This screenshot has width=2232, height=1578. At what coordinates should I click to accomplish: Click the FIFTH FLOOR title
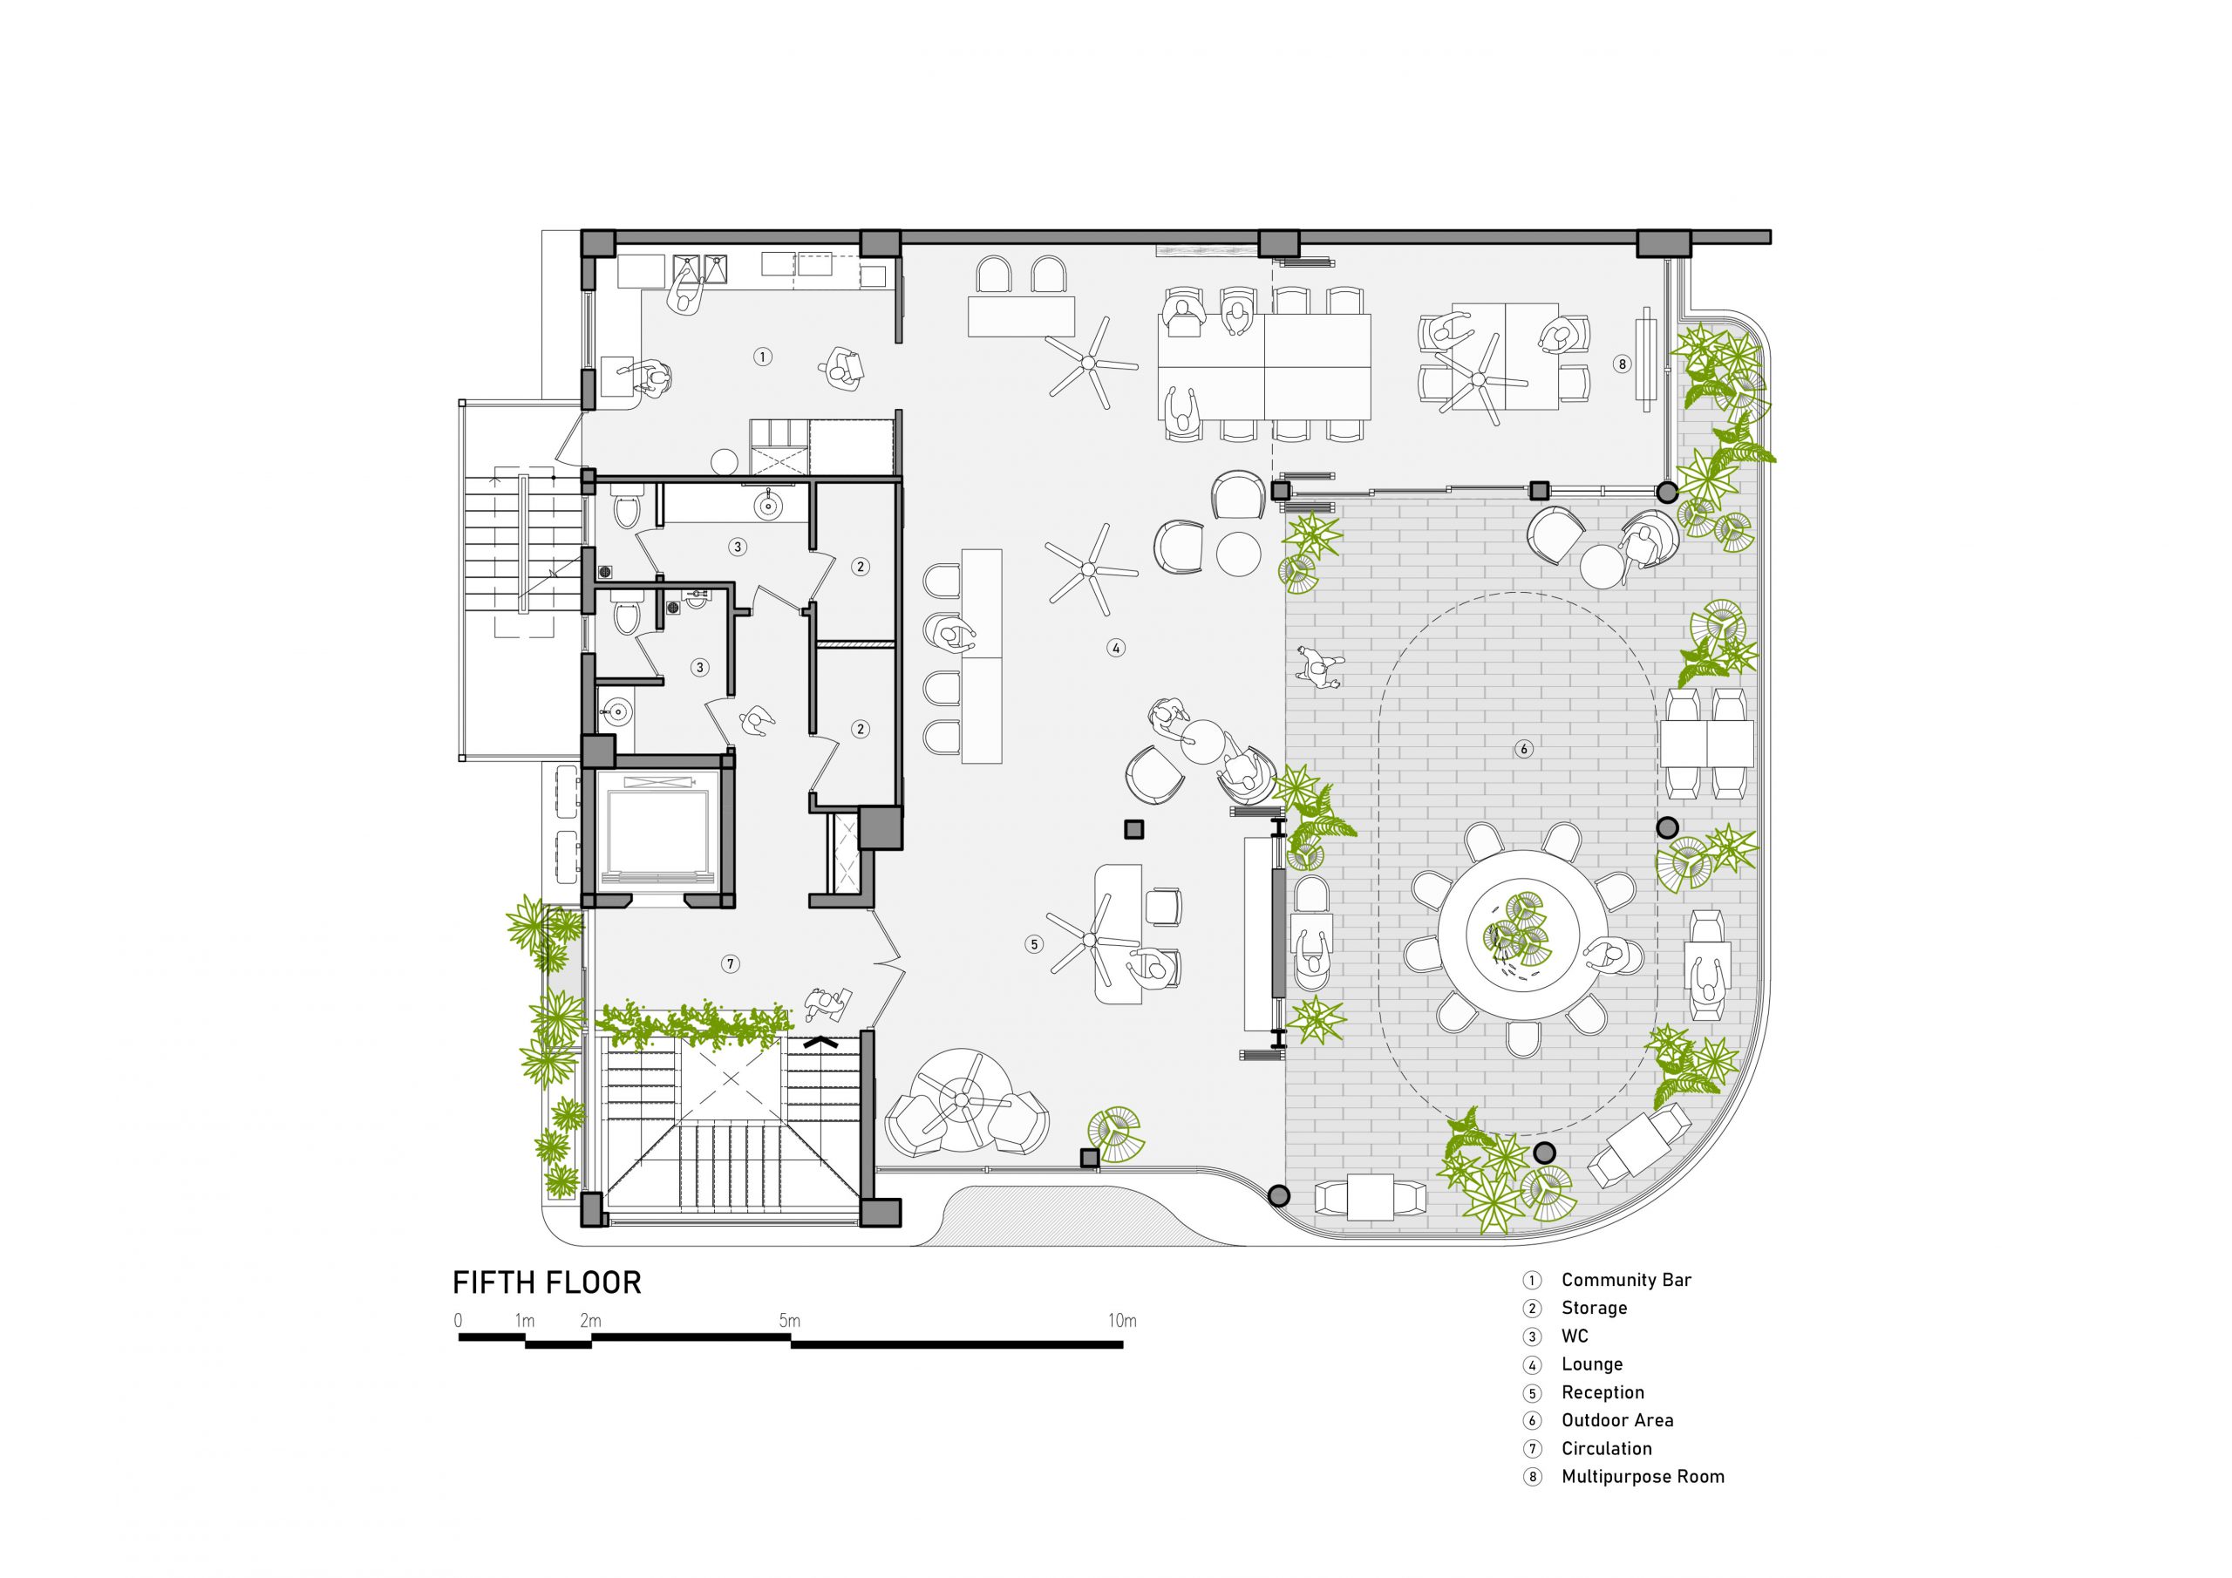coord(547,1282)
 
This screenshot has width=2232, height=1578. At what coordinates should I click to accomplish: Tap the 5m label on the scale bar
coord(789,1320)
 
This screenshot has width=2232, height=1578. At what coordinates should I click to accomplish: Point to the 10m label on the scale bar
coord(1122,1320)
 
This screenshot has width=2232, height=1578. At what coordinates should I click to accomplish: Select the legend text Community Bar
coord(1626,1280)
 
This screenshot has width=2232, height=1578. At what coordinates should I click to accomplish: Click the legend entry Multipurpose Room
coord(1643,1476)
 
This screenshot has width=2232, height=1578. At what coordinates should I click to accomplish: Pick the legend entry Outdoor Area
coord(1617,1419)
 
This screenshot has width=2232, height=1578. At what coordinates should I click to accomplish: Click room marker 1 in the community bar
coord(763,357)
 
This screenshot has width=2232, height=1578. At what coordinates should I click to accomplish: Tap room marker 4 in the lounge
coord(1116,648)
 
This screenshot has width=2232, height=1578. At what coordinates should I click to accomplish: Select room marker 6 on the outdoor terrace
coord(1523,749)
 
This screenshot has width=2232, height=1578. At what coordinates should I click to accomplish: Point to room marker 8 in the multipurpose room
coord(1622,364)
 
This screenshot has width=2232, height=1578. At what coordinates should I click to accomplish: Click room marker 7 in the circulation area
coord(731,963)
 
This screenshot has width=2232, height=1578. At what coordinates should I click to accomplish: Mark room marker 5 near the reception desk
coord(1033,943)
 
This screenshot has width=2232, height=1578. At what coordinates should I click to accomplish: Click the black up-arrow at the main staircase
coord(822,1040)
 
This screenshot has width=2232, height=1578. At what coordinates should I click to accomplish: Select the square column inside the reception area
coord(1133,829)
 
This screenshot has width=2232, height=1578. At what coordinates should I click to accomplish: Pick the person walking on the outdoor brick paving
coord(1319,668)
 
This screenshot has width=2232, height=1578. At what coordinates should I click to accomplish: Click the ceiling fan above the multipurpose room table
coord(1481,378)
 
